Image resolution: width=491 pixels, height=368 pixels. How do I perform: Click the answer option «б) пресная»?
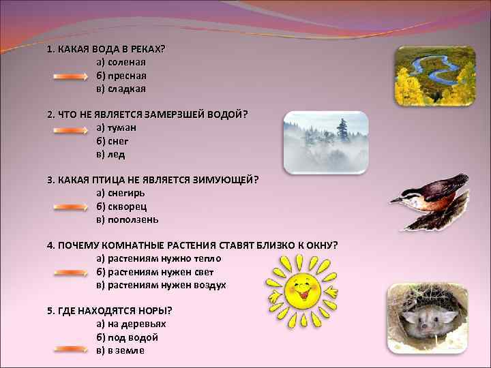tap(121, 76)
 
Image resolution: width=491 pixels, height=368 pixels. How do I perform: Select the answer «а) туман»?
tap(117, 127)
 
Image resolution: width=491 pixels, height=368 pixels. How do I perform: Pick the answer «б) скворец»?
tap(122, 206)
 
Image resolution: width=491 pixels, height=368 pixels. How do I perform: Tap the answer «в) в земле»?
tap(120, 350)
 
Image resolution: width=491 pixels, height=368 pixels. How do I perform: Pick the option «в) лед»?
tap(110, 154)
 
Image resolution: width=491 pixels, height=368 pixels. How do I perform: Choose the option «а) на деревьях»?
tap(131, 324)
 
